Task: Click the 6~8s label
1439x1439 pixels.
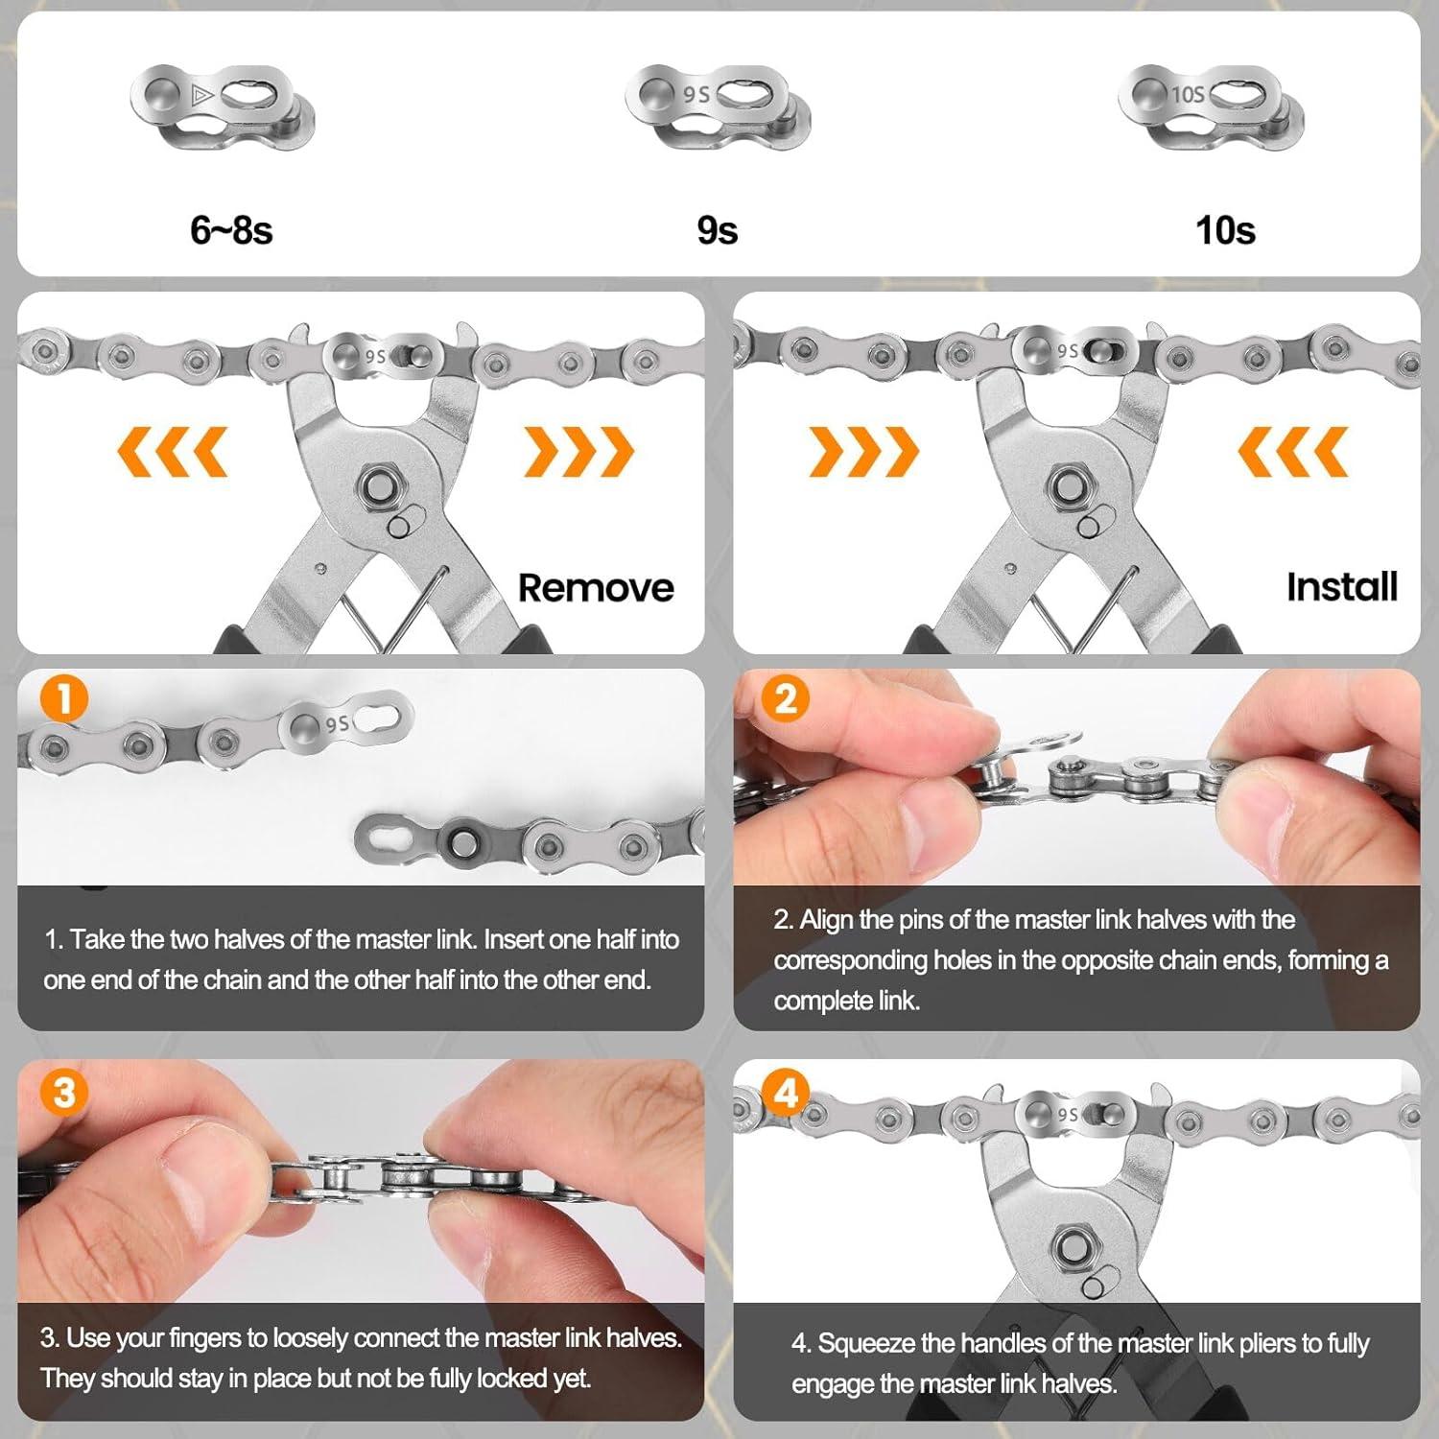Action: coord(231,230)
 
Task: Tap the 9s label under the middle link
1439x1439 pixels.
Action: coord(717,230)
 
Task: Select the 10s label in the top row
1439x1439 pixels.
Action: coord(1225,230)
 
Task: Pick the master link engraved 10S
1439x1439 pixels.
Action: coord(1211,106)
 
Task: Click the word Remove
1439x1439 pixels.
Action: coord(596,587)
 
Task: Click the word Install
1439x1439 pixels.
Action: coord(1341,586)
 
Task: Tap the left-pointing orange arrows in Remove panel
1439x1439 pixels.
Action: coord(173,451)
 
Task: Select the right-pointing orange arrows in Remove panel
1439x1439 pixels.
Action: coord(578,451)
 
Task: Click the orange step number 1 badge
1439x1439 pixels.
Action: coord(63,698)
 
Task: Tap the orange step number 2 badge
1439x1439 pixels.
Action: coord(785,698)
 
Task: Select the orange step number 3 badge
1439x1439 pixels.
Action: coord(63,1093)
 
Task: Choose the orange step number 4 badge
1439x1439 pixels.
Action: coord(785,1093)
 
